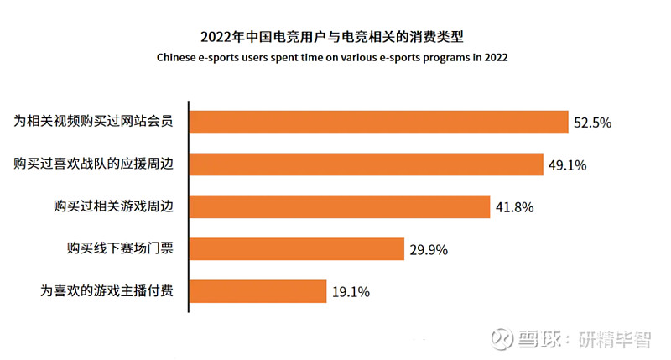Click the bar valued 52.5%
[378, 122]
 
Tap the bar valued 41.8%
[339, 206]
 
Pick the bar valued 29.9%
[296, 249]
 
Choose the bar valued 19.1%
[257, 291]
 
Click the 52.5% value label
[593, 123]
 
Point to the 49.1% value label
[568, 165]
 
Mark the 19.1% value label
[351, 292]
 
